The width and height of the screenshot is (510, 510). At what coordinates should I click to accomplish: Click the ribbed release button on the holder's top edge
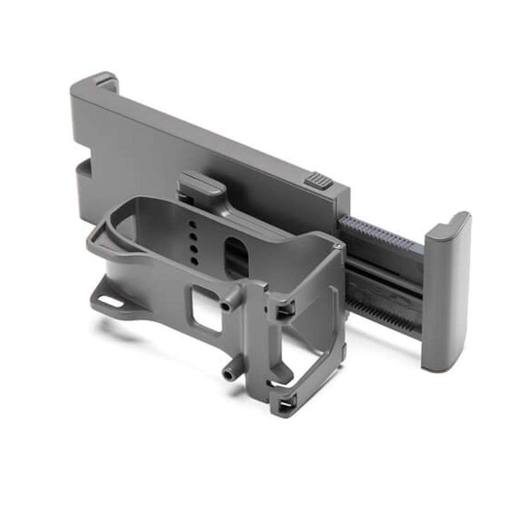pyautogui.click(x=319, y=180)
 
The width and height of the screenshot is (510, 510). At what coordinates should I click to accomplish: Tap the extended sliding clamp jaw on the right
pyautogui.click(x=445, y=290)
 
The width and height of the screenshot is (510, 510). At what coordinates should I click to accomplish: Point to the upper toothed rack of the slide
pyautogui.click(x=380, y=233)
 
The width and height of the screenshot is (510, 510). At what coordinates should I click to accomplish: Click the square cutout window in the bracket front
pyautogui.click(x=208, y=310)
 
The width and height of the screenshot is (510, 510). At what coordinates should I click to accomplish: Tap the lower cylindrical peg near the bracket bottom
pyautogui.click(x=228, y=374)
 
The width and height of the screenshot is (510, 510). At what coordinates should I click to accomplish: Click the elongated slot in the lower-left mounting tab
pyautogui.click(x=110, y=302)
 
